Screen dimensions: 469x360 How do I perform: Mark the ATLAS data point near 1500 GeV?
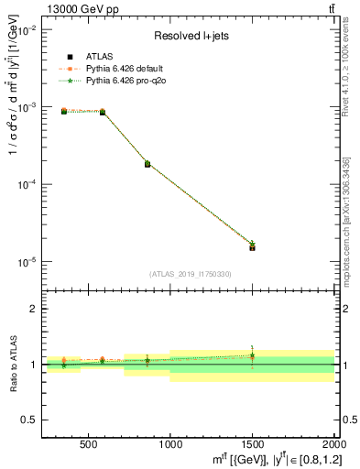coord(252,247)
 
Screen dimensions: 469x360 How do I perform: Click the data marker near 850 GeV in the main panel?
coord(147,164)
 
